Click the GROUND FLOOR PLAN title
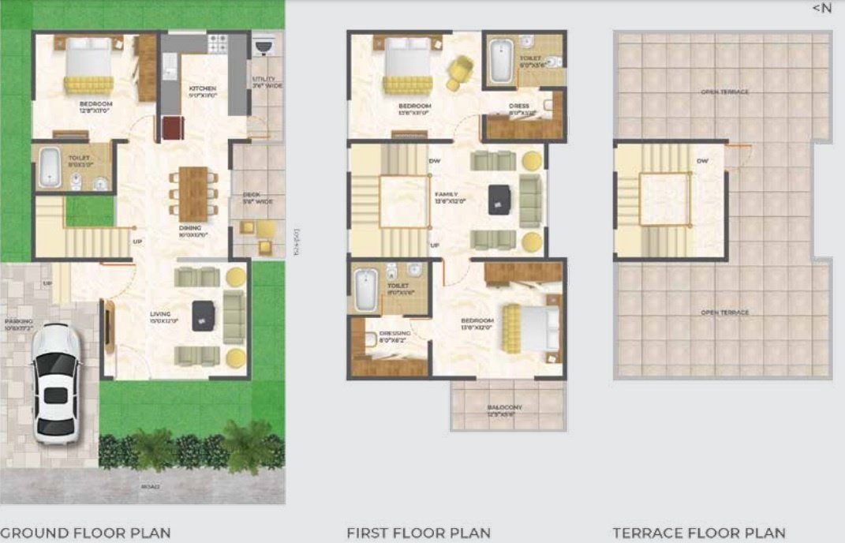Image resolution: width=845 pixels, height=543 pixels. pyautogui.click(x=85, y=534)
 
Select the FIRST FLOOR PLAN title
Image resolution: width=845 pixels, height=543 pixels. pyautogui.click(x=418, y=534)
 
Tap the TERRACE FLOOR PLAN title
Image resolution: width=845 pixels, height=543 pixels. pyautogui.click(x=699, y=534)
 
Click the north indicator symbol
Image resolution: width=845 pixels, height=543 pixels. pyautogui.click(x=821, y=8)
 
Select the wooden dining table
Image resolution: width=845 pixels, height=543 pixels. pyautogui.click(x=193, y=193)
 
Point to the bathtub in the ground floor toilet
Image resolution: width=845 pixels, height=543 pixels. pyautogui.click(x=50, y=167)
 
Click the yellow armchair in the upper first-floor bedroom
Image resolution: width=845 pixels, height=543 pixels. pyautogui.click(x=459, y=73)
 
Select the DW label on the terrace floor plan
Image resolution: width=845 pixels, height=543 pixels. pyautogui.click(x=702, y=161)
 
